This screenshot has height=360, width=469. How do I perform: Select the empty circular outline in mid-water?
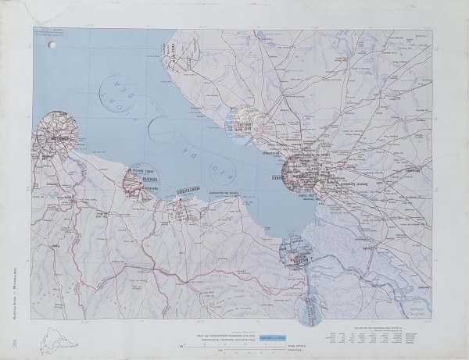[162, 130]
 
